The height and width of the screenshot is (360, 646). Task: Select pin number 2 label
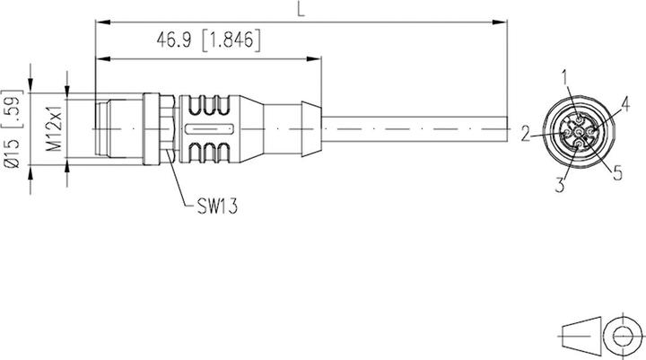(x=524, y=134)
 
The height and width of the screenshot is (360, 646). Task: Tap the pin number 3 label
(x=560, y=186)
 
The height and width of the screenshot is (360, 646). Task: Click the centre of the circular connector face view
(x=576, y=134)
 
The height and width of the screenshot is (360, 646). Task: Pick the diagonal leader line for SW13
(x=177, y=185)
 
